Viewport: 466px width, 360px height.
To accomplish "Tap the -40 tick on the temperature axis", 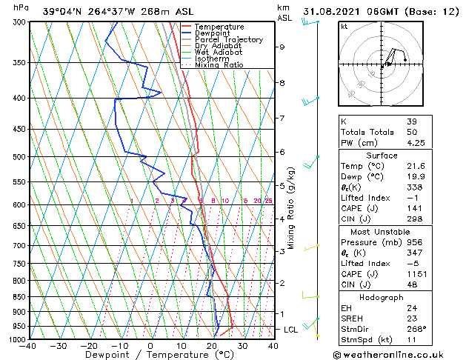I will click(x=28, y=345).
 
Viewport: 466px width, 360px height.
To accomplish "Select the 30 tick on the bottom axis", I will click(x=242, y=345).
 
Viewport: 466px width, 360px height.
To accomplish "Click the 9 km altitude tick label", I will click(x=282, y=47).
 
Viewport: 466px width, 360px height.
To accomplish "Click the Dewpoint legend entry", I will click(x=212, y=33).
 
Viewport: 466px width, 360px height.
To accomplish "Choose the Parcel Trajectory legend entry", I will click(x=228, y=40).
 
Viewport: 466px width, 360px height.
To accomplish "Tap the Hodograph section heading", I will click(x=382, y=297).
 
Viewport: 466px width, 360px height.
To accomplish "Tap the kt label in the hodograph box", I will click(x=344, y=26).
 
